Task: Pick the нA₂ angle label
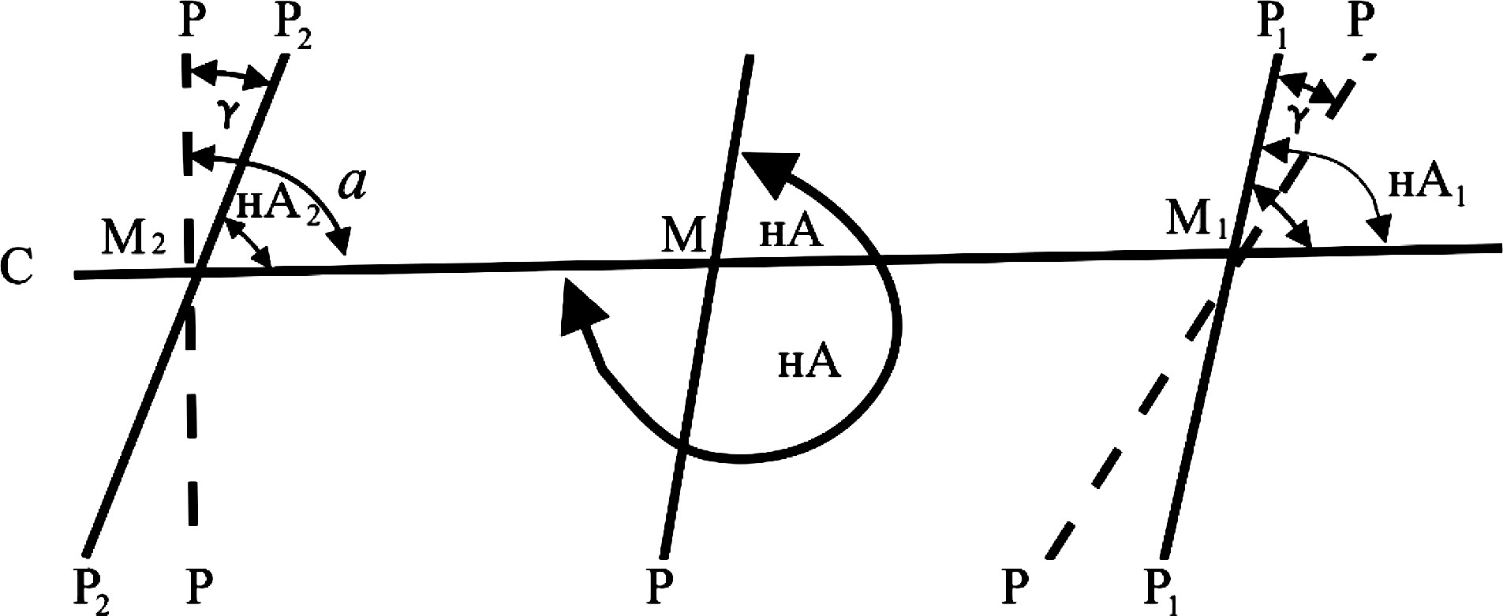[x=277, y=207]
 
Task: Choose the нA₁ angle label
[x=1425, y=188]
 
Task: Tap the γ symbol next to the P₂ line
[x=228, y=114]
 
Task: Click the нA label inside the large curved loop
[x=809, y=364]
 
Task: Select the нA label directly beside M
[x=791, y=233]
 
